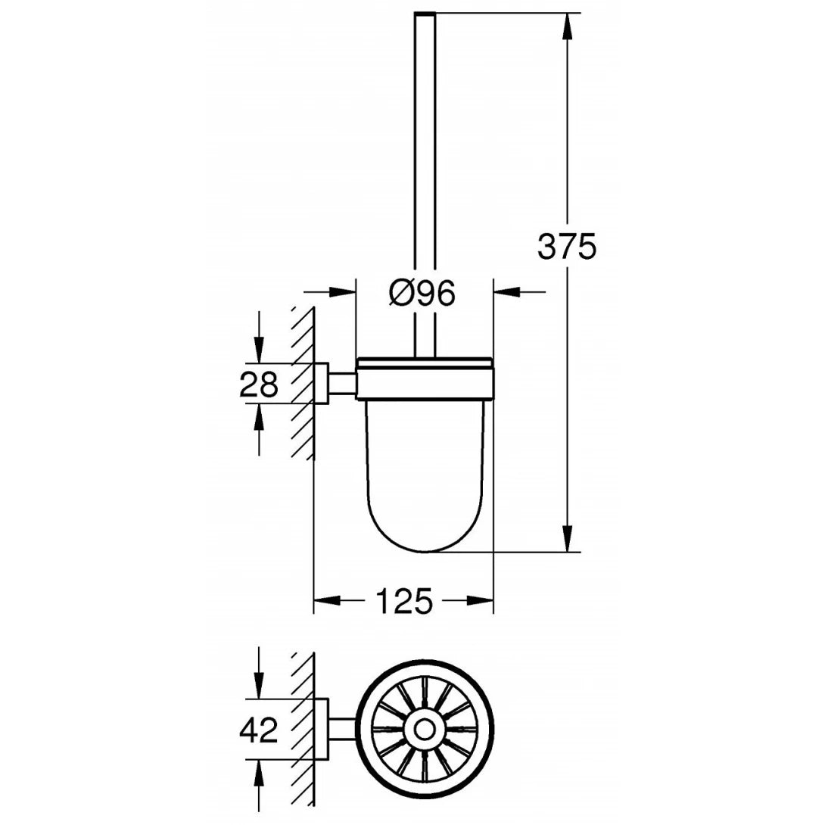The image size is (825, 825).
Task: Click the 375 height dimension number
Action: (x=567, y=246)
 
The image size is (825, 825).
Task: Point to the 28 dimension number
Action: (x=259, y=384)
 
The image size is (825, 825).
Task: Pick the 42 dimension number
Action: (x=259, y=730)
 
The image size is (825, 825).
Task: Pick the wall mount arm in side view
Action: (x=341, y=384)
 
